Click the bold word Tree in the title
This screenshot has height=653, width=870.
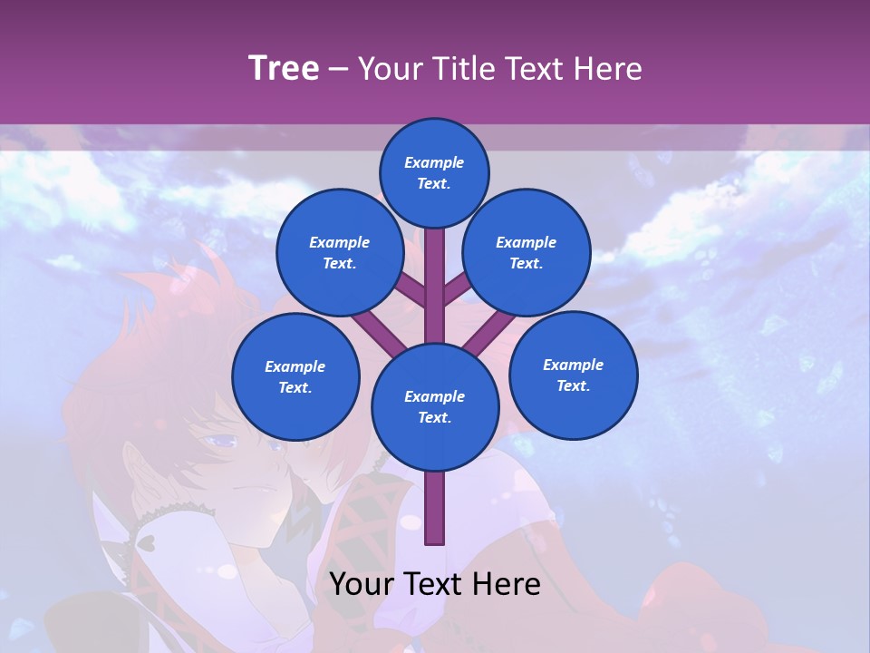(x=284, y=68)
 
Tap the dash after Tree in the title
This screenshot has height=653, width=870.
(x=338, y=69)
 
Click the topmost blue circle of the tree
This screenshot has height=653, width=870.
(x=434, y=172)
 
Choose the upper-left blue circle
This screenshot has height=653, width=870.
(x=339, y=252)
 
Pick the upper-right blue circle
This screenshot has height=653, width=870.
(x=526, y=252)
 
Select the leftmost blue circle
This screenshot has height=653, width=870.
(x=295, y=376)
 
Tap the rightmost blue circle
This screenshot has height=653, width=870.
(x=573, y=375)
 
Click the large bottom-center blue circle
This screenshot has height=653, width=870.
(x=435, y=406)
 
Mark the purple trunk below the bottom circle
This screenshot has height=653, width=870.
(x=435, y=508)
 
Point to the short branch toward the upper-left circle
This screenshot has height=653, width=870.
(x=409, y=289)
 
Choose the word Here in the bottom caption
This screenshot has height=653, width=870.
(x=507, y=584)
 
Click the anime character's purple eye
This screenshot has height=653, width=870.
(x=221, y=442)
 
